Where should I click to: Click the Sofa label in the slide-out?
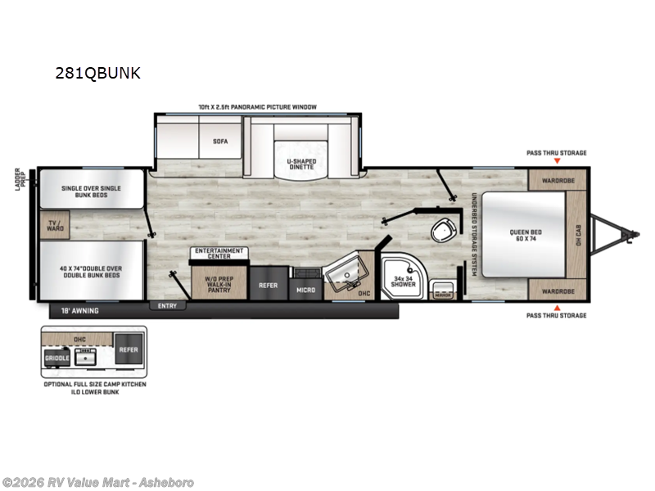tap(219, 141)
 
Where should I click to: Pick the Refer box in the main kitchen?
tap(268, 286)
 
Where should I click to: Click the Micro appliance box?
tap(305, 289)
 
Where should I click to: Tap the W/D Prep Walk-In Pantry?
tap(219, 284)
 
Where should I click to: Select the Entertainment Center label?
tap(218, 253)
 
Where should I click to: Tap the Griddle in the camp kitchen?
tap(55, 358)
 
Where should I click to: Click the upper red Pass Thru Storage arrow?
tap(557, 161)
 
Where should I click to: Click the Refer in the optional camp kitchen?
tap(127, 349)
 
